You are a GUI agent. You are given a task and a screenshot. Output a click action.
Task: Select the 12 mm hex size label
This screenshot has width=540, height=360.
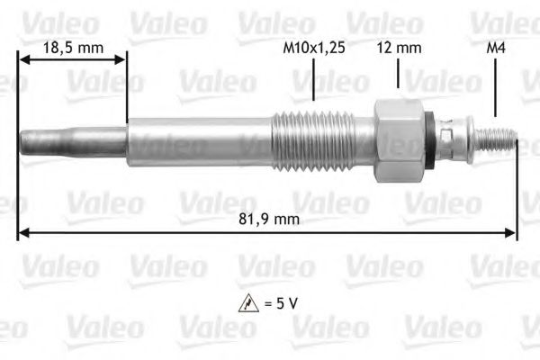coord(397,47)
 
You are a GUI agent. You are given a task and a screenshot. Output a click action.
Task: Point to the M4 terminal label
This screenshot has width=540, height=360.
coord(494,47)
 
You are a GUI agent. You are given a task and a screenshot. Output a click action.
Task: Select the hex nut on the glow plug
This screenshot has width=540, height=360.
coord(399,139)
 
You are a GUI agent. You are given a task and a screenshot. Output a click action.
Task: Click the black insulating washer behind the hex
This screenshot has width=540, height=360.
coord(435,139)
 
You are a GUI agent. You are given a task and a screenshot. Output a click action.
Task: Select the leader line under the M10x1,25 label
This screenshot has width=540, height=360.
coord(312,79)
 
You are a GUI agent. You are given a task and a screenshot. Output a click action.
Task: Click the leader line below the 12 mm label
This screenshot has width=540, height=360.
coord(397,74)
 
